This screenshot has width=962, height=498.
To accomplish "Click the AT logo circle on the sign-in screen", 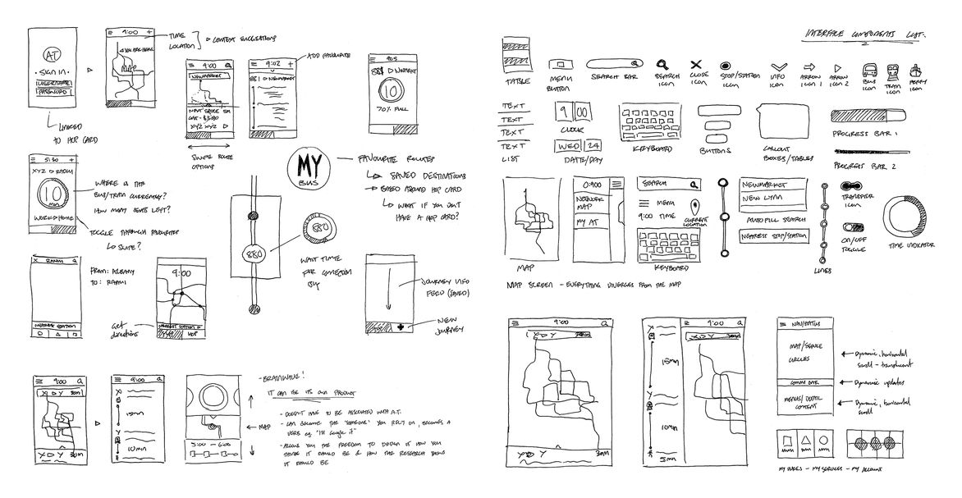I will (49, 56).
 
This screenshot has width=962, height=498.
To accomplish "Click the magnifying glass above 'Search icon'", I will (662, 63).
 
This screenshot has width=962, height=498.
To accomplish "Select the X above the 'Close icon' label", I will (696, 64).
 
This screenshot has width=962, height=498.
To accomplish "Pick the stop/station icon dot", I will (726, 65).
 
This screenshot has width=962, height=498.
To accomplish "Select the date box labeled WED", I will (565, 146).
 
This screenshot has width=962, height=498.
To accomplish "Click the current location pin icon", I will (696, 208).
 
